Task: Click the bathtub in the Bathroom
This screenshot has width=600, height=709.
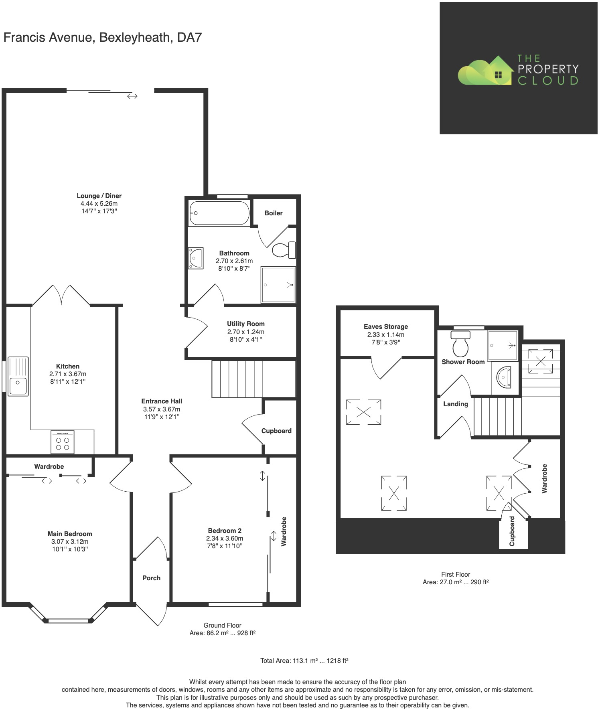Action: click(219, 213)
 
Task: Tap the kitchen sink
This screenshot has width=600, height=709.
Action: click(18, 376)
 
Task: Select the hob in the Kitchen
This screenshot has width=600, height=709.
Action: click(63, 442)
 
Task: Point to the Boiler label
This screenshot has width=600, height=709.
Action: click(274, 213)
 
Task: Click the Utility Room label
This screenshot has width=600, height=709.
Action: click(246, 324)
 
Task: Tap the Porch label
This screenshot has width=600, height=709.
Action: click(152, 578)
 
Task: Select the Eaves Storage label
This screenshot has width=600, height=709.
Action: click(386, 326)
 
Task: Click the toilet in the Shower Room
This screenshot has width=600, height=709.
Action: click(460, 344)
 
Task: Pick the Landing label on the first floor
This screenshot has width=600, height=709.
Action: click(456, 404)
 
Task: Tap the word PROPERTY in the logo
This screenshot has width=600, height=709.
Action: click(548, 69)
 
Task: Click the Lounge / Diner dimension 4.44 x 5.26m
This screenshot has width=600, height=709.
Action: click(99, 203)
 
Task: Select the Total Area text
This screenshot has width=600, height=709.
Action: click(304, 660)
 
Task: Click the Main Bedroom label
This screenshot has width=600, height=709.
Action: click(70, 534)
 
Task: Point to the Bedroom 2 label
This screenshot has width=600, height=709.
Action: click(225, 531)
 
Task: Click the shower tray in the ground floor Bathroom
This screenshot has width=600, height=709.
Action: click(278, 285)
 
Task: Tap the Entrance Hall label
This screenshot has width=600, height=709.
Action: click(162, 401)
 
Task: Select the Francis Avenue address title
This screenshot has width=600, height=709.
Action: click(102, 37)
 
